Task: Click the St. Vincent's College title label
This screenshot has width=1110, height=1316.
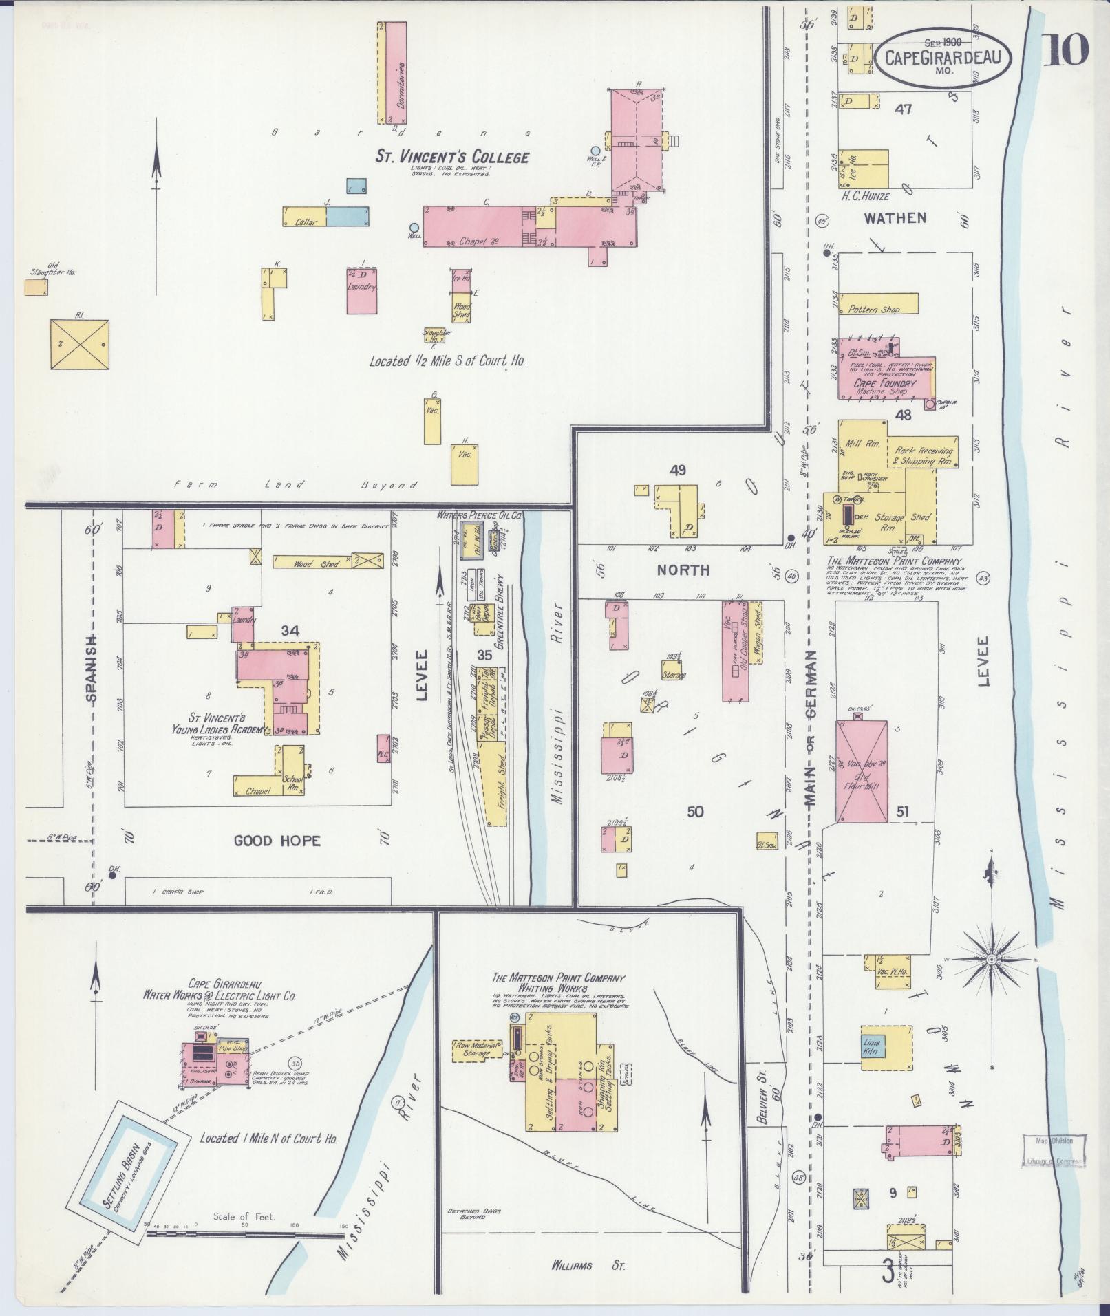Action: pos(451,157)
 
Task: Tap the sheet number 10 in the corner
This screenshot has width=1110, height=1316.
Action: pos(1066,49)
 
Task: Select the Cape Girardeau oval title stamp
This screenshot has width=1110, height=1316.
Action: pos(943,58)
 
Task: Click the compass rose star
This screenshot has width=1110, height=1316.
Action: pos(992,959)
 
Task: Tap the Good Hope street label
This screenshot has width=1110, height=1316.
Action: pos(277,841)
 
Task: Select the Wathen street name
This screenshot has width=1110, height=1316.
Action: pos(895,218)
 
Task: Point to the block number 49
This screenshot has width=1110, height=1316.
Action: pos(677,471)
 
